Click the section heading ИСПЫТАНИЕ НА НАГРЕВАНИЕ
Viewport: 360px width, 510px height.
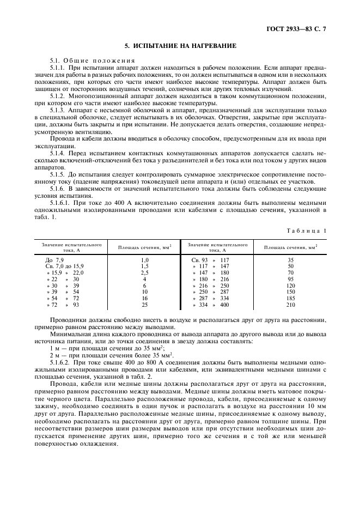coord(180,46)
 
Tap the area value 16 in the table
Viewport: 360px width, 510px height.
coord(145,299)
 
